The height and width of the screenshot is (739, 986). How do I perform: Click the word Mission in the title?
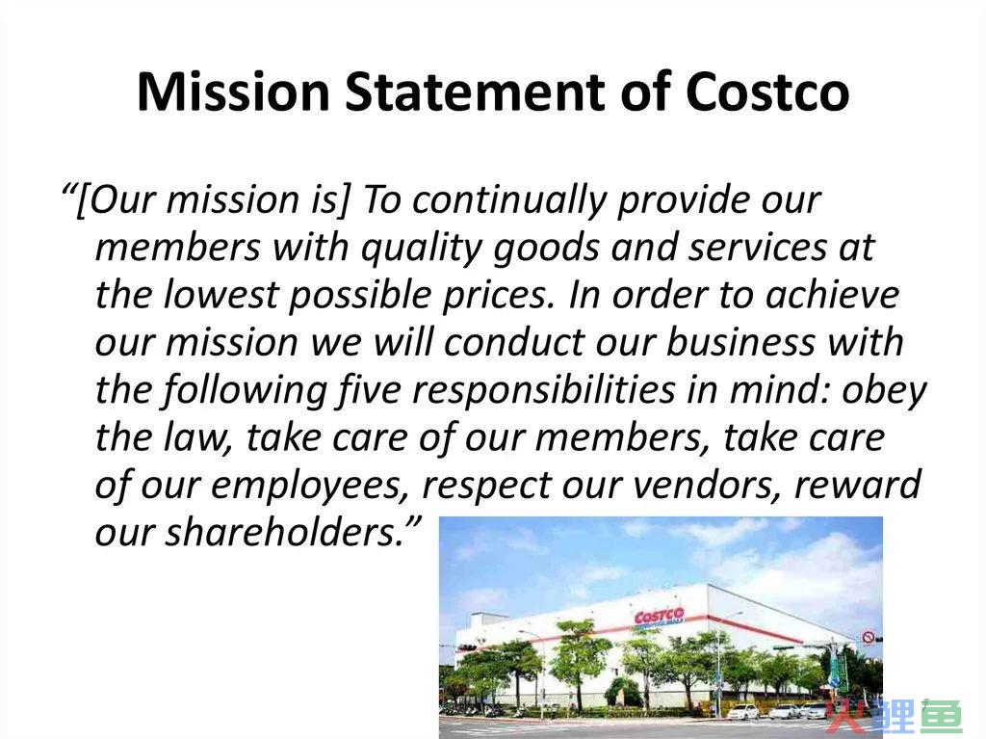pos(233,92)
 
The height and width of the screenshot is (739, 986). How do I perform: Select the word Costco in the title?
pos(767,92)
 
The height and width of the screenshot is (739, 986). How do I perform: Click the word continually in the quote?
pos(509,201)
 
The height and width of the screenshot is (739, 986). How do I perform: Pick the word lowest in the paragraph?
pos(221,296)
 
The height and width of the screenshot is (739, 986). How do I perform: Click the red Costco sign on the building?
pos(659,616)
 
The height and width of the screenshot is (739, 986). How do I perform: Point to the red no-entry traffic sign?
pos(868,638)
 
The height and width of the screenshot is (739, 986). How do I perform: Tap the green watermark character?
pos(942,716)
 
